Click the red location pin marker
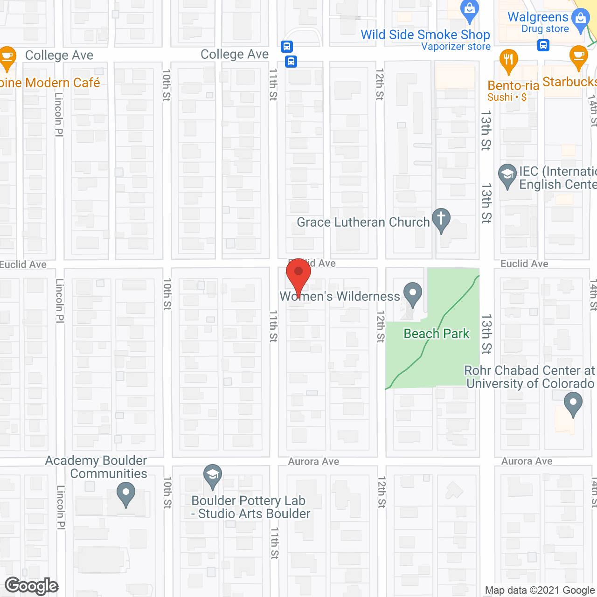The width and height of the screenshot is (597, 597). click(298, 273)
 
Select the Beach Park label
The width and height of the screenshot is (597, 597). click(436, 333)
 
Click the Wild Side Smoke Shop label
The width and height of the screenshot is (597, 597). click(425, 35)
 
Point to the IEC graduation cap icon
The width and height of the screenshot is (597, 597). click(507, 175)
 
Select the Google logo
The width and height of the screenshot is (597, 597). click(32, 586)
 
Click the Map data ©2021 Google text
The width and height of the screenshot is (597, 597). click(540, 590)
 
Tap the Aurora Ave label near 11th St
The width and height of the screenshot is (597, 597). click(313, 461)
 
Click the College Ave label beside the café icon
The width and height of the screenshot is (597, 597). click(59, 55)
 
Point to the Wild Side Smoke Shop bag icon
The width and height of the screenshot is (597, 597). click(470, 10)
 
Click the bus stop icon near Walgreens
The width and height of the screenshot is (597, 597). click(543, 45)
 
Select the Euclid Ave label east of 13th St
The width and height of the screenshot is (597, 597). click(524, 264)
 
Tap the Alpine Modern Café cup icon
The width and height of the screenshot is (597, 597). click(7, 57)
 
